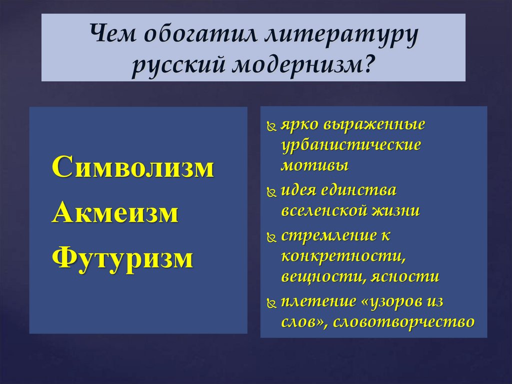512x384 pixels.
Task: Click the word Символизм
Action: coord(133,168)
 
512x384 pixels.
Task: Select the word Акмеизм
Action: coord(115,213)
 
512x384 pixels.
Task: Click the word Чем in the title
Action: coord(114,38)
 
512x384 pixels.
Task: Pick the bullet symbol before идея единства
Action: coord(271,192)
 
